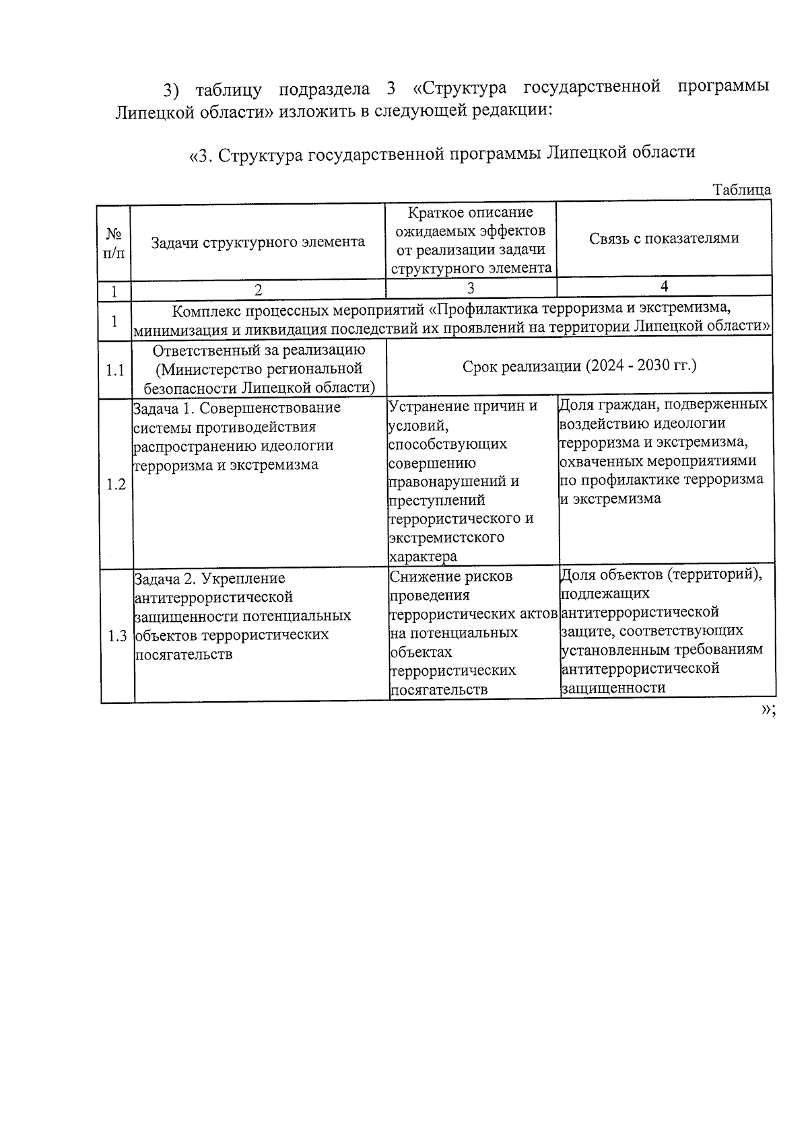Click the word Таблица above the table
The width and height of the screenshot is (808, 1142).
click(742, 190)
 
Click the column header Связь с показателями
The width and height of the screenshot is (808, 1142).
click(664, 238)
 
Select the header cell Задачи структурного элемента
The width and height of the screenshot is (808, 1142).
click(257, 242)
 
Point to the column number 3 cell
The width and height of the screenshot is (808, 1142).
click(471, 288)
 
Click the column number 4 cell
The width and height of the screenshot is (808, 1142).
click(664, 287)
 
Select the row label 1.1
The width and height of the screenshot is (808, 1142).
click(115, 369)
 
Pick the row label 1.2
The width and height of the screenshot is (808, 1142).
click(116, 485)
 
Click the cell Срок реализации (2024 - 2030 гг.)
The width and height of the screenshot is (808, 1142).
click(579, 366)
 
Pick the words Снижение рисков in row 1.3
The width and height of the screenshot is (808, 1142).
click(450, 577)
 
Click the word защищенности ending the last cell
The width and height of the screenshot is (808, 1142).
click(613, 688)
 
